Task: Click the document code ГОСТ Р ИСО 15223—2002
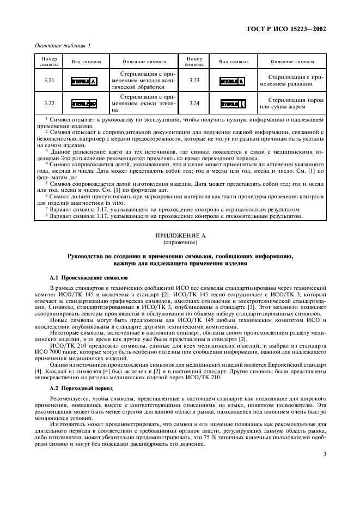click(288, 28)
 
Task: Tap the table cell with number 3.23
click(194, 81)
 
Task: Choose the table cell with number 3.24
click(194, 103)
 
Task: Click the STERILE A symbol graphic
click(84, 81)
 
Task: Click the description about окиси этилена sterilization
click(141, 103)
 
